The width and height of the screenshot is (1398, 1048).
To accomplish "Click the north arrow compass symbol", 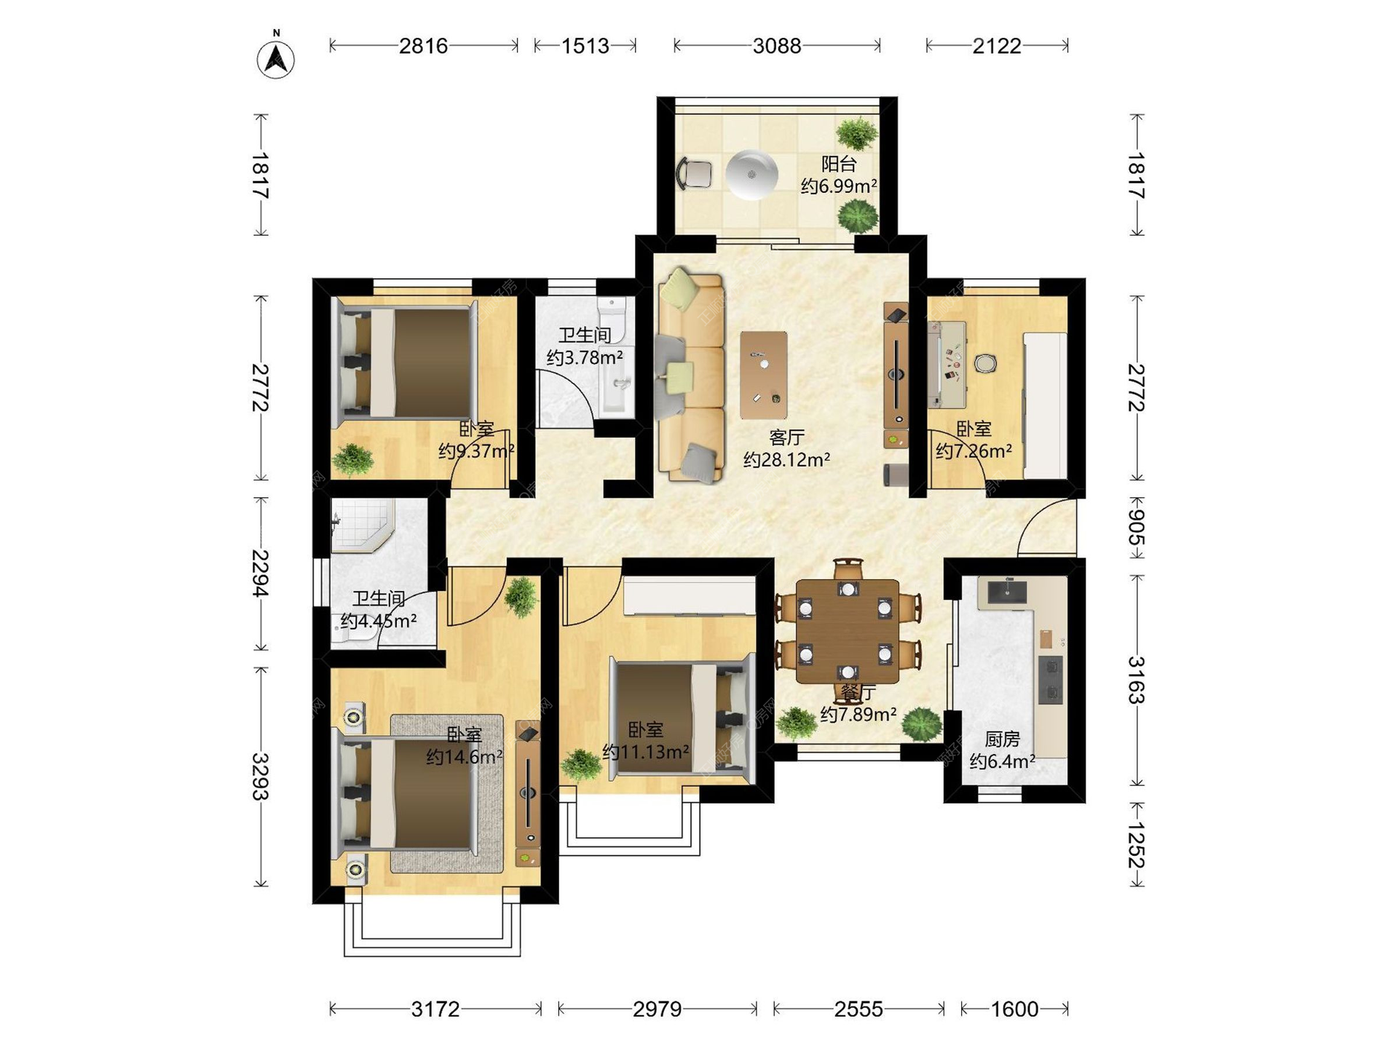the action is tap(276, 56).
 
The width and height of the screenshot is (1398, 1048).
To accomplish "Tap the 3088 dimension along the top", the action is tap(777, 46).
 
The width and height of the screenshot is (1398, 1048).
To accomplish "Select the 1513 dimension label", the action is tap(585, 46).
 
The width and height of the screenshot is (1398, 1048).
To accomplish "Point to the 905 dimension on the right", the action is tap(1136, 528).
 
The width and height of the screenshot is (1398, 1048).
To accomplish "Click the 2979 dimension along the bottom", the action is tap(657, 1009).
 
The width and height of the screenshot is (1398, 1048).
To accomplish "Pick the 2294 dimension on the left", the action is tap(261, 573).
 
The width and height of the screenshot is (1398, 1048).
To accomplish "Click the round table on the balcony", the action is tap(751, 174).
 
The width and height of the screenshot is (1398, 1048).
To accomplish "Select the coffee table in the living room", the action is tap(764, 375).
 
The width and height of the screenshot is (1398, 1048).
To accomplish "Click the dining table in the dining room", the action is tap(848, 632).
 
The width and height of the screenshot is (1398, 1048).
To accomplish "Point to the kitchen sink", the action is tap(1007, 593).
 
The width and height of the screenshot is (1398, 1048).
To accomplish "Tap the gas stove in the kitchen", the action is tap(1050, 680).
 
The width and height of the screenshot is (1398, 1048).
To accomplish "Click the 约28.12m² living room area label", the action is tap(787, 460).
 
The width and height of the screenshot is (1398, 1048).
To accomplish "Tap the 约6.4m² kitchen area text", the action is tap(1002, 761).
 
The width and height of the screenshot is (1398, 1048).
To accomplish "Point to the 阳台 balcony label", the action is tap(839, 164).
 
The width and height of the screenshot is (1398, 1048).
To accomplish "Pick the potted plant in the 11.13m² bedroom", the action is tap(581, 765).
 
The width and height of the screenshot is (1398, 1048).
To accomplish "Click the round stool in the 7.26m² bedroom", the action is tap(984, 362).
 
